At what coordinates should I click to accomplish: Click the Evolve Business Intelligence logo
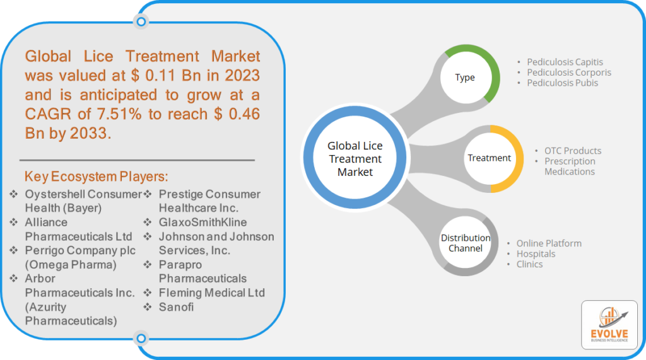pos(609,325)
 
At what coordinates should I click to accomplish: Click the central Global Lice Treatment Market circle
pos(355,158)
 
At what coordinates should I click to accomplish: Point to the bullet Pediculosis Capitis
pos(565,62)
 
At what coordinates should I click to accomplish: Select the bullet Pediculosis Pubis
pos(562,83)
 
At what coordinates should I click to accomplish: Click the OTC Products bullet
pos(573,151)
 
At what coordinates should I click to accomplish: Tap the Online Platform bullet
pos(549,243)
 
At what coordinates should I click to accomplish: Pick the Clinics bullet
pos(529,264)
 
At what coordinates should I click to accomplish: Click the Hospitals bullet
pos(536,253)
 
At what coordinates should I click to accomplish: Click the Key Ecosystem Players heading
pos(97,177)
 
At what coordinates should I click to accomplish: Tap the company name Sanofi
pos(176,307)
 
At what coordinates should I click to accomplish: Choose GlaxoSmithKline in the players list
pos(203,223)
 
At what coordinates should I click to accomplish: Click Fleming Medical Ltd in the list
pos(212,293)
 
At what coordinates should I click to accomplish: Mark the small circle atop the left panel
pos(141,21)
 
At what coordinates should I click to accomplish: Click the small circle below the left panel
pos(141,338)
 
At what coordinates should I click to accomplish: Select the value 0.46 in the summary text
pos(244,114)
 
